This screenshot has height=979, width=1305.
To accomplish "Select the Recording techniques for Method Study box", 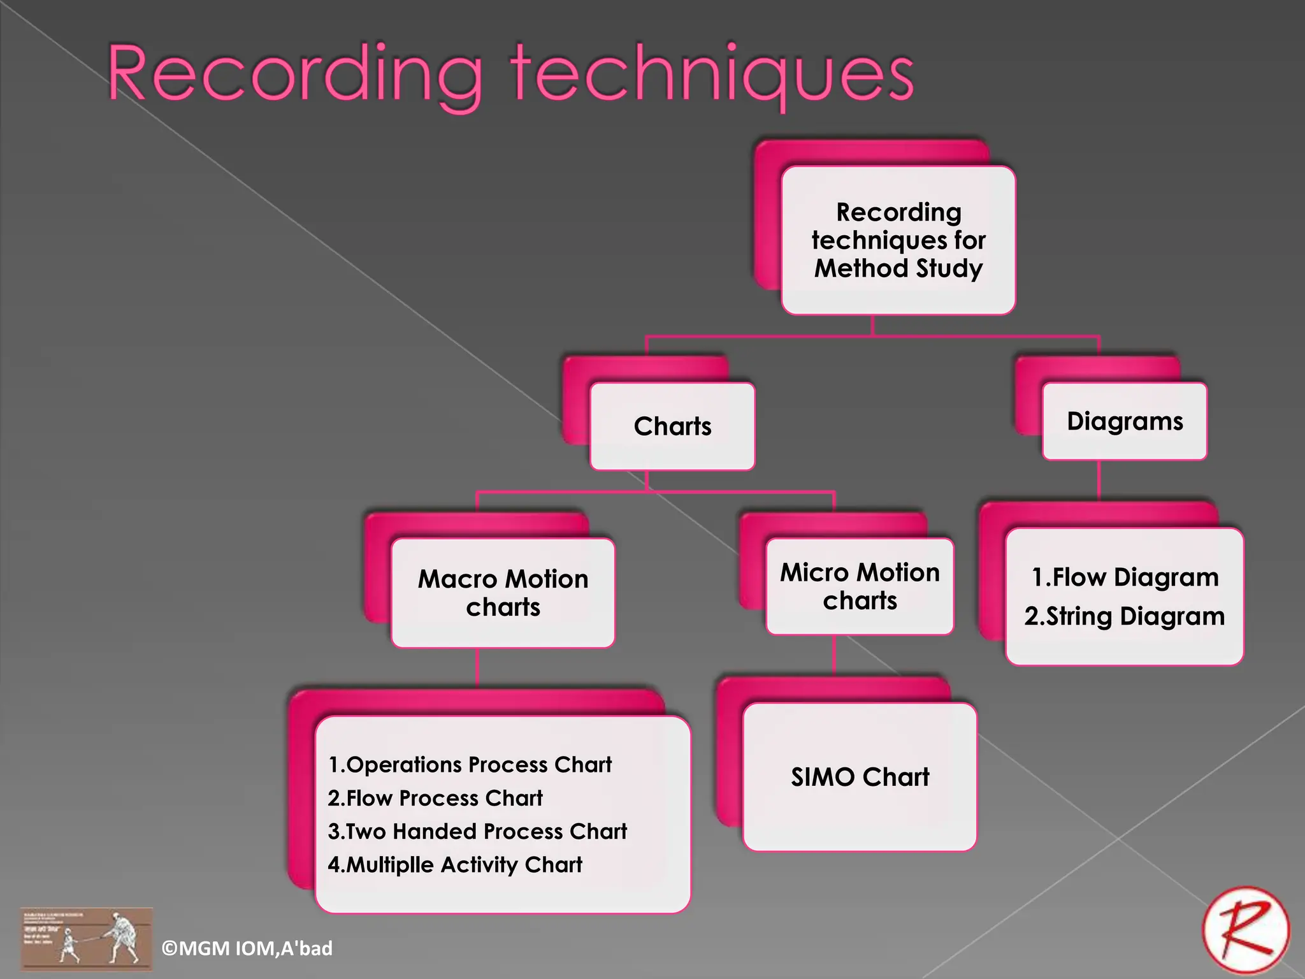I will [898, 240].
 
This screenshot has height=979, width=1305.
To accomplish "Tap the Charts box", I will [672, 426].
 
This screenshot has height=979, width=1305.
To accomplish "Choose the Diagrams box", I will [1125, 421].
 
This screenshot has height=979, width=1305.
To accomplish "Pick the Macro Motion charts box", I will [503, 593].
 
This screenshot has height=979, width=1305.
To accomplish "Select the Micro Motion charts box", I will [860, 586].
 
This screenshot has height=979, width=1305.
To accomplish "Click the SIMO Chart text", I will [860, 777].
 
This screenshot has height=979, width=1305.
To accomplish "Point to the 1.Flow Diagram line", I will [1125, 577].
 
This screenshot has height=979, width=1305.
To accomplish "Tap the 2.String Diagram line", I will [1125, 616].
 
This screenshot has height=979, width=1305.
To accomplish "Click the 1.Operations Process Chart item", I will [470, 764].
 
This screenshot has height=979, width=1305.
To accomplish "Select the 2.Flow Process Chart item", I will [435, 798].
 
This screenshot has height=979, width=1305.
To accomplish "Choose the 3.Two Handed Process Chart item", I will [477, 831].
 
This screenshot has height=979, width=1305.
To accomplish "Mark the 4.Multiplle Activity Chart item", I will [455, 865].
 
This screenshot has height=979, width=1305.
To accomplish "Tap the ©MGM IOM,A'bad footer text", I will [247, 948].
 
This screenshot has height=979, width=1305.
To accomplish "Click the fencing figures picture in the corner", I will [86, 938].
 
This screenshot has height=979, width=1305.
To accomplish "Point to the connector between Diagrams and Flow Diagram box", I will [1099, 481].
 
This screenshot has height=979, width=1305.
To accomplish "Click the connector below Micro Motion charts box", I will [834, 655].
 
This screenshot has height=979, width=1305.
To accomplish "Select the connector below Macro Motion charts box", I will [477, 667].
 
